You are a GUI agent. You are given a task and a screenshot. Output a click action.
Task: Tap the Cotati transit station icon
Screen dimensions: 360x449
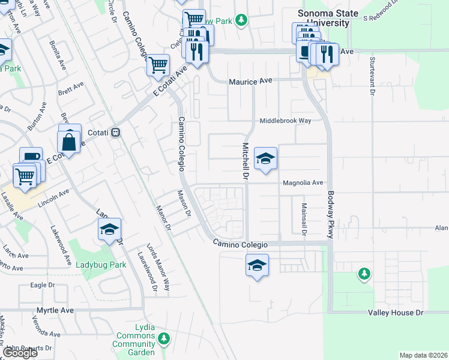coord(118,133)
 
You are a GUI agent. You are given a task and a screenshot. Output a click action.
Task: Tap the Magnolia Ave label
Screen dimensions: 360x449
coord(303,183)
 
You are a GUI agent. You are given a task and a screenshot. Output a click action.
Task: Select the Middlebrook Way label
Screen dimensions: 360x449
coord(285,121)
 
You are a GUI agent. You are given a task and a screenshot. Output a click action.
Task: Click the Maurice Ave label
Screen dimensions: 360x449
coord(250,81)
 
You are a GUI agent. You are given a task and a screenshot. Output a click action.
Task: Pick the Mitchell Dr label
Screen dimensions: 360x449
coord(245,161)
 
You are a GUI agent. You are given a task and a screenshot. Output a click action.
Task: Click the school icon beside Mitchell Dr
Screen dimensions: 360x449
coord(265,159)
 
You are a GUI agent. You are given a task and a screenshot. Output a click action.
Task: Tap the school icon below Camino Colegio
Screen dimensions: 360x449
coord(257,265)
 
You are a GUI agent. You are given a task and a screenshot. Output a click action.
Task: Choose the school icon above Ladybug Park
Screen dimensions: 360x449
coord(110,229)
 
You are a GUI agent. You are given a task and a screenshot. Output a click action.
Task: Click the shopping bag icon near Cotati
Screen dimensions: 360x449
coord(69,142)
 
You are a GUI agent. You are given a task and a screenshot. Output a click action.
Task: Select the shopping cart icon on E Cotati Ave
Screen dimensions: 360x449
coord(158,64)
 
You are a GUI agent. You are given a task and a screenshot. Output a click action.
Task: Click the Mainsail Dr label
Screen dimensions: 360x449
coord(304,218)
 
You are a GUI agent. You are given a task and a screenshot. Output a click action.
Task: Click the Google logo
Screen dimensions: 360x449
coord(20,353)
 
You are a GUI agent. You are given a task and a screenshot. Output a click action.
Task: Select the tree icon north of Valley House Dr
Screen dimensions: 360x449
coord(364,274)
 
